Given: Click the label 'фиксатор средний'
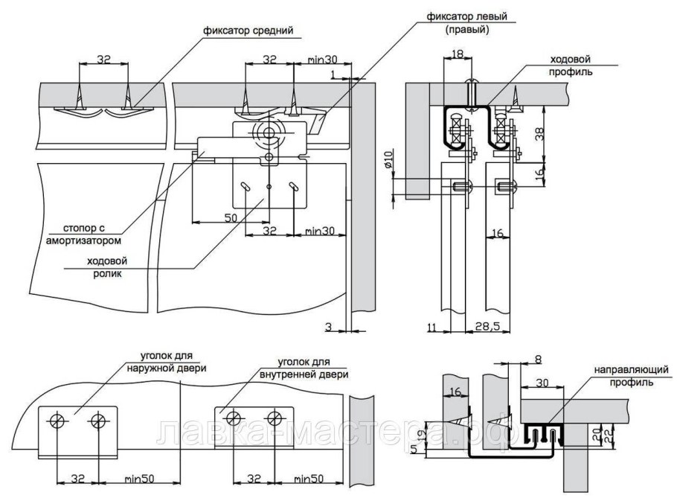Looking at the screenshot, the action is [x=248, y=31].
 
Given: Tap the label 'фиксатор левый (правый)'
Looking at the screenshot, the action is [x=466, y=23].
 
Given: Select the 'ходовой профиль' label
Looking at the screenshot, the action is [x=570, y=66].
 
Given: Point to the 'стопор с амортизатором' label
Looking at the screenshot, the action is [x=84, y=234].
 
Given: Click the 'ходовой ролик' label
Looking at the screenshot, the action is [x=107, y=267].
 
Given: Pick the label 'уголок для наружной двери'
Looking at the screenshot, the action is [x=166, y=363].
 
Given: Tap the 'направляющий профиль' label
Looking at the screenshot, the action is [x=631, y=376].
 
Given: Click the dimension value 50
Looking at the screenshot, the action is [x=231, y=217].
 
